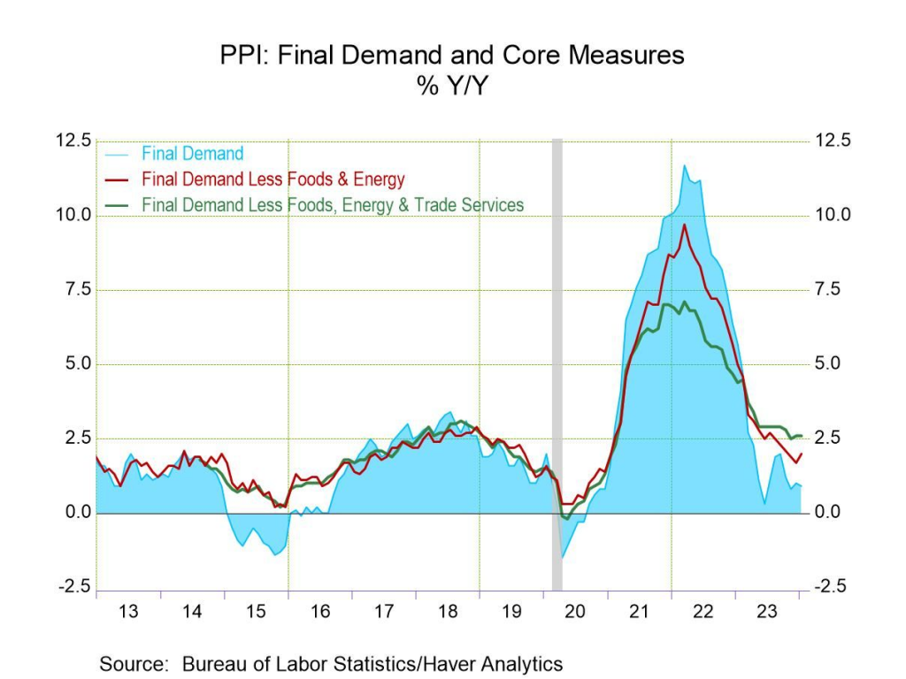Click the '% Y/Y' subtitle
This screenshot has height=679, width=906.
pos(452,87)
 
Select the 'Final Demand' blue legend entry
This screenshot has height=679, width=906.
pos(192,154)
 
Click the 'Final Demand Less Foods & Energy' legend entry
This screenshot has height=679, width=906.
pos(273,179)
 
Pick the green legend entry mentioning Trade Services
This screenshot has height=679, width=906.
pos(333,205)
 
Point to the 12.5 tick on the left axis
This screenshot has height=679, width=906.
pos(74,141)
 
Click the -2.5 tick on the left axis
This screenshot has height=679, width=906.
pos(74,587)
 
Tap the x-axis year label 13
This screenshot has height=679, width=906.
pos(128,612)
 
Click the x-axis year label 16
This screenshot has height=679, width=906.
pos(320,612)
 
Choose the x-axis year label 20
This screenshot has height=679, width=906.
pos(575,612)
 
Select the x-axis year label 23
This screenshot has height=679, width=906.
pos(767,612)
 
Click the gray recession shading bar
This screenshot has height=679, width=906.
pos(557,354)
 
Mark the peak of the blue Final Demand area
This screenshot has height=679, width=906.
pos(683,166)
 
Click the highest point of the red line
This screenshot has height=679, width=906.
pos(684,225)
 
